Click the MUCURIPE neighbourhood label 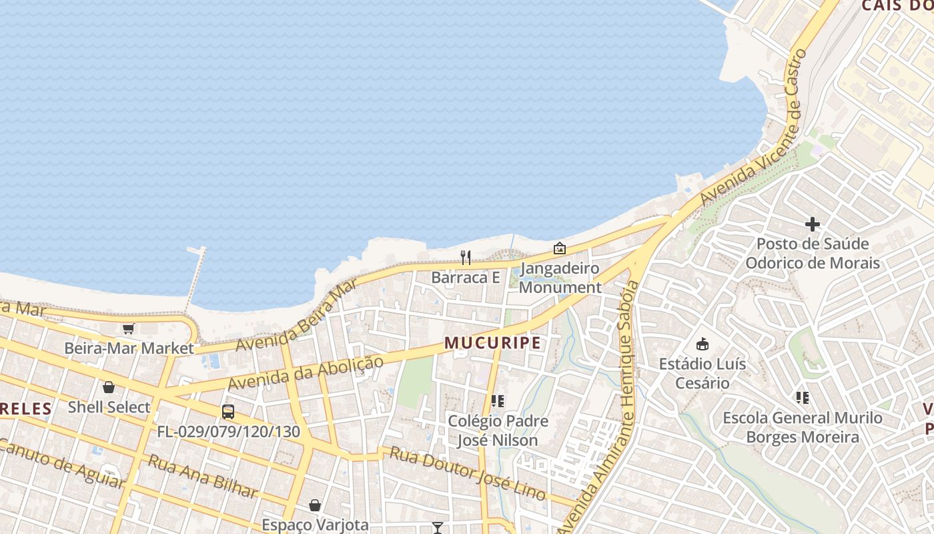pyautogui.click(x=492, y=343)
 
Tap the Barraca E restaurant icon pyautogui.click(x=466, y=257)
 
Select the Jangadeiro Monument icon pyautogui.click(x=560, y=248)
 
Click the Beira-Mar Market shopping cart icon pyautogui.click(x=129, y=328)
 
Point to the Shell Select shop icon pyautogui.click(x=109, y=387)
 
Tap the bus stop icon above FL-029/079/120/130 pyautogui.click(x=228, y=411)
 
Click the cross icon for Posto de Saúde pyautogui.click(x=812, y=224)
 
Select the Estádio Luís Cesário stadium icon pyautogui.click(x=702, y=344)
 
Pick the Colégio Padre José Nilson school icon pyautogui.click(x=497, y=401)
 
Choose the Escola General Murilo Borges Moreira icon pyautogui.click(x=803, y=398)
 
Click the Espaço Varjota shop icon pyautogui.click(x=315, y=505)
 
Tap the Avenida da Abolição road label pyautogui.click(x=306, y=373)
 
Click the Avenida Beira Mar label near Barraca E pyautogui.click(x=296, y=317)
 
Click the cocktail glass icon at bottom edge pyautogui.click(x=438, y=528)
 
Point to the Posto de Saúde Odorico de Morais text pyautogui.click(x=812, y=253)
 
